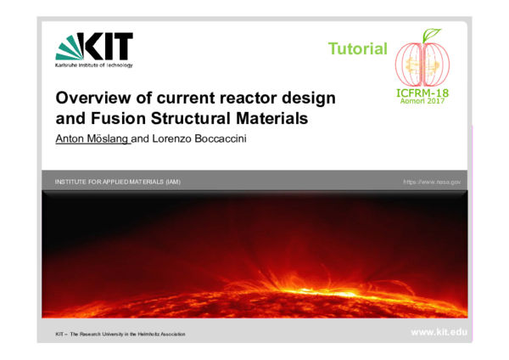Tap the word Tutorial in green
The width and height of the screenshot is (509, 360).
click(x=357, y=49)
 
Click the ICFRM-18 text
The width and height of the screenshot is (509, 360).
click(x=422, y=92)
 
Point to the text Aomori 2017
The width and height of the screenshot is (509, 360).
click(x=422, y=101)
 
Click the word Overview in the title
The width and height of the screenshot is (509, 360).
click(x=90, y=98)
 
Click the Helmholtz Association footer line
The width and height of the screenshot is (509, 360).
click(x=120, y=334)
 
